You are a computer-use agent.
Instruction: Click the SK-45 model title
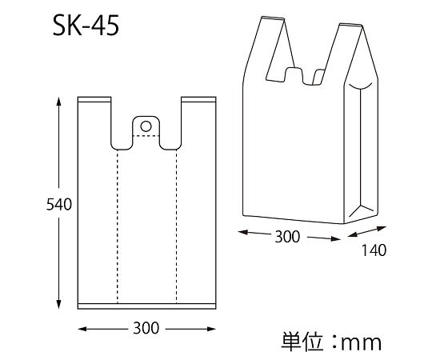pos(86,26)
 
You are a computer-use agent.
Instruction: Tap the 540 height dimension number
pos(58,204)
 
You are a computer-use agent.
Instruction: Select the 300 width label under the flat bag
pos(146,328)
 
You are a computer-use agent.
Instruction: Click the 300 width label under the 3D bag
pos(287,237)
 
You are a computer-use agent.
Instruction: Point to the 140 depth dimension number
pos(374,250)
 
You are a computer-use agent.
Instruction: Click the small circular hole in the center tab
pos(146,126)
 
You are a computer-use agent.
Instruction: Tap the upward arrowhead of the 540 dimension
pos(58,102)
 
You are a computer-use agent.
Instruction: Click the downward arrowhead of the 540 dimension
pos(58,304)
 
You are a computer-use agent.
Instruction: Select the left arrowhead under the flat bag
pos(82,329)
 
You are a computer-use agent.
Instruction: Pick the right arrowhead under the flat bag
pos(210,329)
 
